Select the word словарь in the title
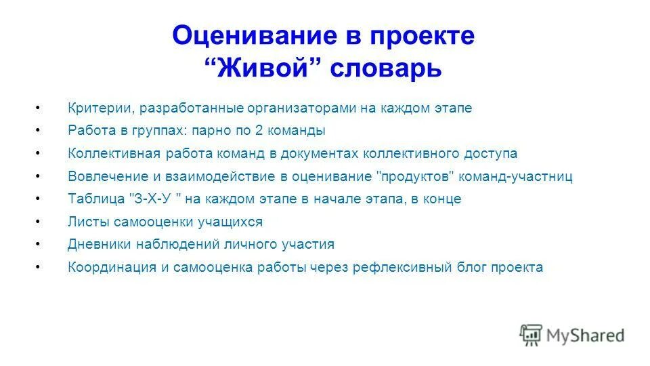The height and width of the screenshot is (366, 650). tap(386, 68)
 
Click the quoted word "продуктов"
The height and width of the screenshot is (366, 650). tap(414, 176)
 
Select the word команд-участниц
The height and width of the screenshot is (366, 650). tap(516, 176)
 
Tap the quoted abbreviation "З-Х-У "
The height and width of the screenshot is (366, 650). tap(156, 199)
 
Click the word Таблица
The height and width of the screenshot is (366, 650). tap(95, 199)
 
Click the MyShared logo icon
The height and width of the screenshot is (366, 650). tap(532, 334)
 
